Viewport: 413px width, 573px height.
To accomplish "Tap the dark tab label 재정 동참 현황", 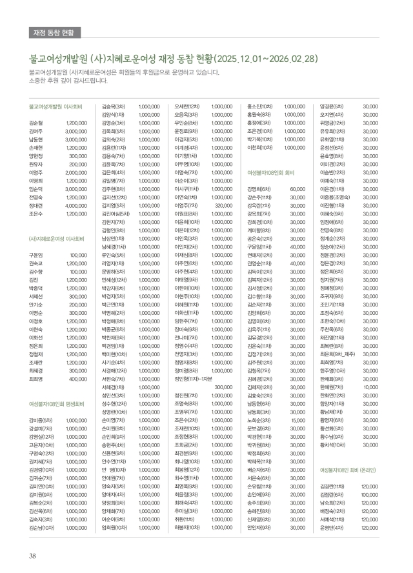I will (x=57, y=32).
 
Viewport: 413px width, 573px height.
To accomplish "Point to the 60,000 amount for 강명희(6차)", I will (x=297, y=189).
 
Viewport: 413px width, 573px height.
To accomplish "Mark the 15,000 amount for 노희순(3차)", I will (x=297, y=421).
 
